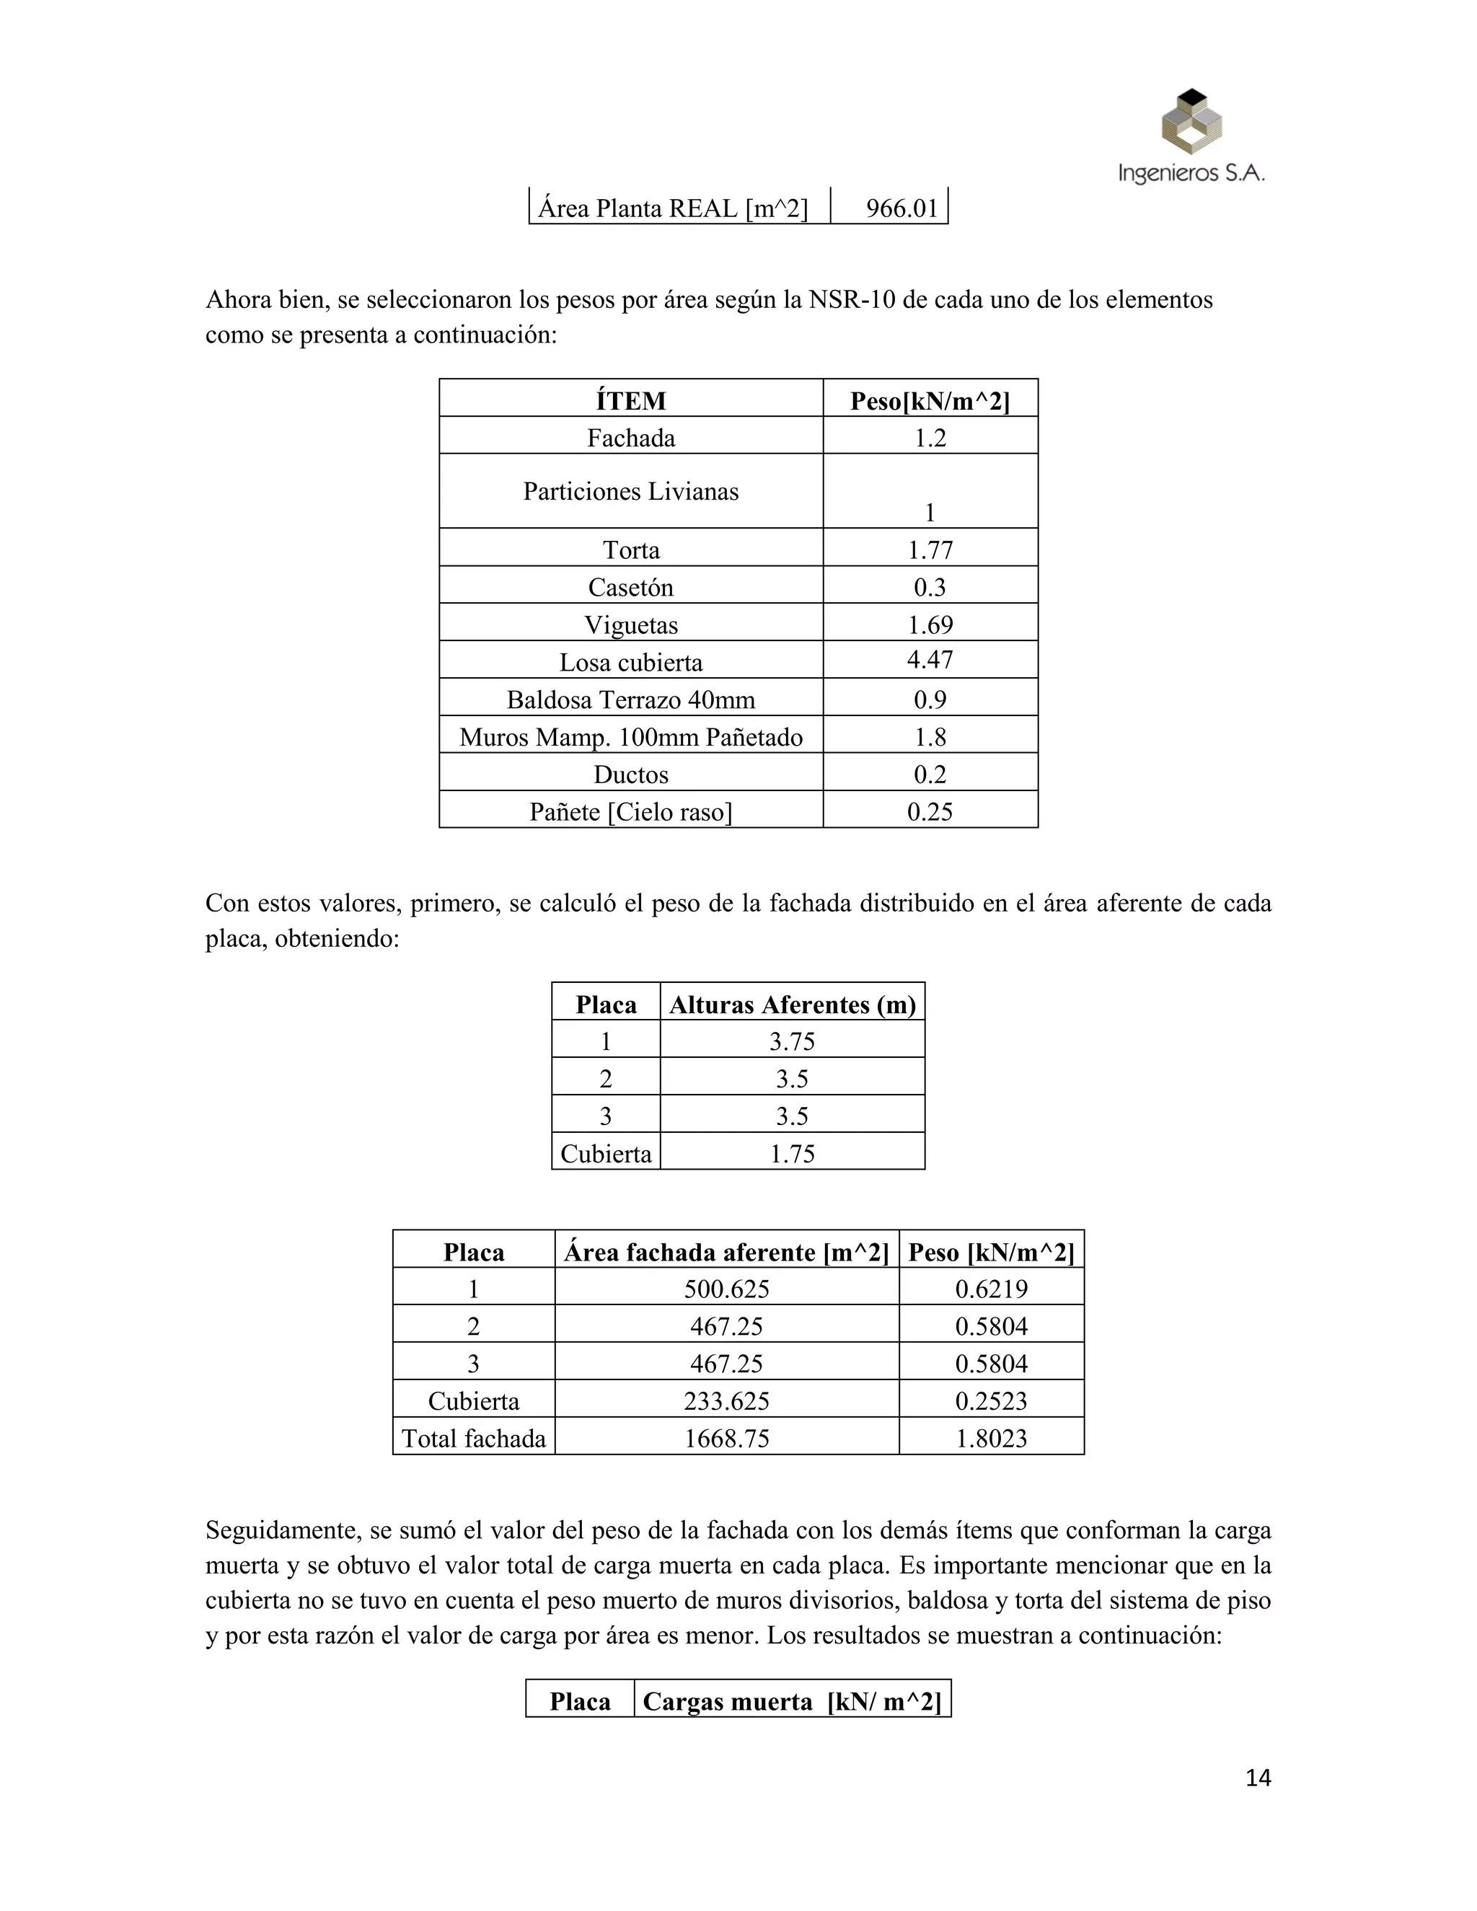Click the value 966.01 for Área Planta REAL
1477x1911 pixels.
click(901, 208)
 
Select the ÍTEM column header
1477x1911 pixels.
click(631, 401)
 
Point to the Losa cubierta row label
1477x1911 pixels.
click(631, 663)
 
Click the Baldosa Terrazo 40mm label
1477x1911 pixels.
click(631, 700)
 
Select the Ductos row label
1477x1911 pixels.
click(631, 774)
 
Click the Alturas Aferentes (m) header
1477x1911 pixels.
click(792, 1005)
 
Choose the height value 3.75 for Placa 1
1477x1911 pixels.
click(792, 1041)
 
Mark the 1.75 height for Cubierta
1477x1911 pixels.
click(792, 1153)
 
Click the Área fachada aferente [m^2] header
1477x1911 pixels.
click(726, 1252)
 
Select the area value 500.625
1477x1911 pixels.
click(726, 1289)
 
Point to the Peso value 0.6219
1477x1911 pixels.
click(992, 1289)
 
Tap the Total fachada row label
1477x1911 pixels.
click(473, 1439)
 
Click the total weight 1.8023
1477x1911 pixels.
click(992, 1439)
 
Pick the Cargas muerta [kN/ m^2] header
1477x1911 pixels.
click(792, 1701)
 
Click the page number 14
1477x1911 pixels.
click(1257, 1778)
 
